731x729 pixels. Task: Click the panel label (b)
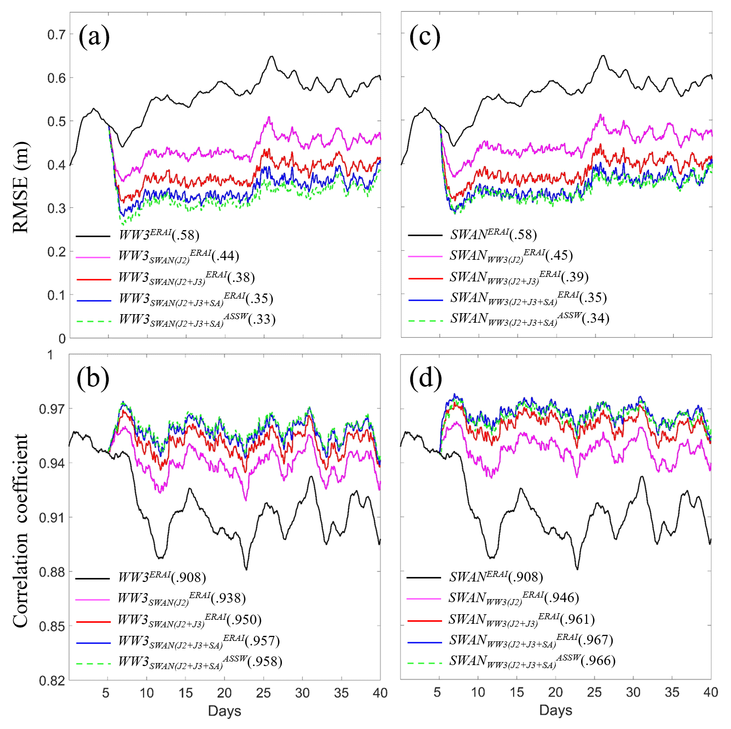[x=93, y=379]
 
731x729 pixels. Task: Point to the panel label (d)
[x=425, y=379]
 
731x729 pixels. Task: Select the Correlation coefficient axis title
[x=21, y=531]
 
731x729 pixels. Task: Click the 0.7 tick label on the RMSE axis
[x=56, y=35]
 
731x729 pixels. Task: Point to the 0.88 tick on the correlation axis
[x=52, y=572]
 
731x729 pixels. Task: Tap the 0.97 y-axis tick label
[x=52, y=409]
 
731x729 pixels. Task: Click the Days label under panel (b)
[x=225, y=711]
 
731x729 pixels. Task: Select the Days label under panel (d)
[x=555, y=710]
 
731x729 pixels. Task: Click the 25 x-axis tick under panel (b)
[x=263, y=693]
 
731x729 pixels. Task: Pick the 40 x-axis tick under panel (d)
[x=710, y=693]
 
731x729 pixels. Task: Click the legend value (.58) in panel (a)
[x=186, y=235]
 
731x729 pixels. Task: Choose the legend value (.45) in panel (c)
[x=559, y=256]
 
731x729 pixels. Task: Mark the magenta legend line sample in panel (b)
[x=93, y=600]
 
